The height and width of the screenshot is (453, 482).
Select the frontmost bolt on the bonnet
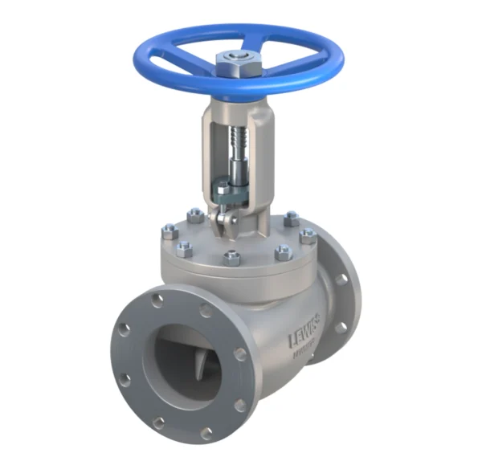click(x=231, y=258)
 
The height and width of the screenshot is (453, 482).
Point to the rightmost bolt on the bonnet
click(x=308, y=235)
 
